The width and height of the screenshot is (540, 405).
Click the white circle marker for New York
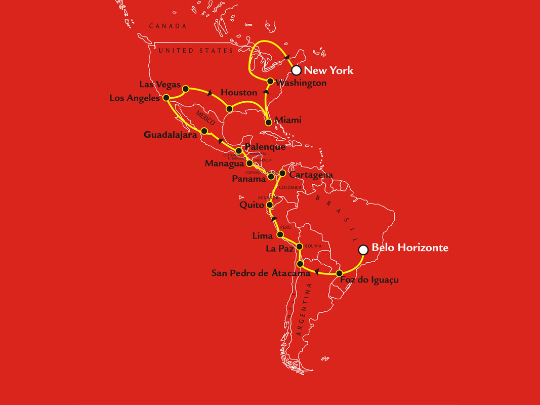coord(297,70)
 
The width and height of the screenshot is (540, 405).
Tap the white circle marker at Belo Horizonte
coord(363,249)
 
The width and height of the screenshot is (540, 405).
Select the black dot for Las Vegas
coord(185,89)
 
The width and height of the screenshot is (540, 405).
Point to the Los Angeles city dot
coord(166,97)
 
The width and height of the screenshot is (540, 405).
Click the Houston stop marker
coord(229,109)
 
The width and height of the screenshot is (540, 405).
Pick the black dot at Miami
coord(267,121)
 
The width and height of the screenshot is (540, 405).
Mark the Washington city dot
coord(270,81)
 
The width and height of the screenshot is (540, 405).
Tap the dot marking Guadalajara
coord(204,131)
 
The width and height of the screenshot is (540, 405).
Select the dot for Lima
coord(280,235)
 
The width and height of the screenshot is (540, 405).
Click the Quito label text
coord(252,206)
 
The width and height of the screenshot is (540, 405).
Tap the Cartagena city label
coord(311,175)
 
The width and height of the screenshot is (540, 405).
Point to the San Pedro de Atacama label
coord(261,273)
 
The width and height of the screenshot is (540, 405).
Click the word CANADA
coord(168,26)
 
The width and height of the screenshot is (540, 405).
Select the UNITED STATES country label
coord(195,51)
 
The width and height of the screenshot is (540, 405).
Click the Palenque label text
coord(265,147)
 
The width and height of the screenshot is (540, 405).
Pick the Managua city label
coord(225,164)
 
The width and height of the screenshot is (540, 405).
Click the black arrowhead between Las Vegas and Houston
coord(209,93)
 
